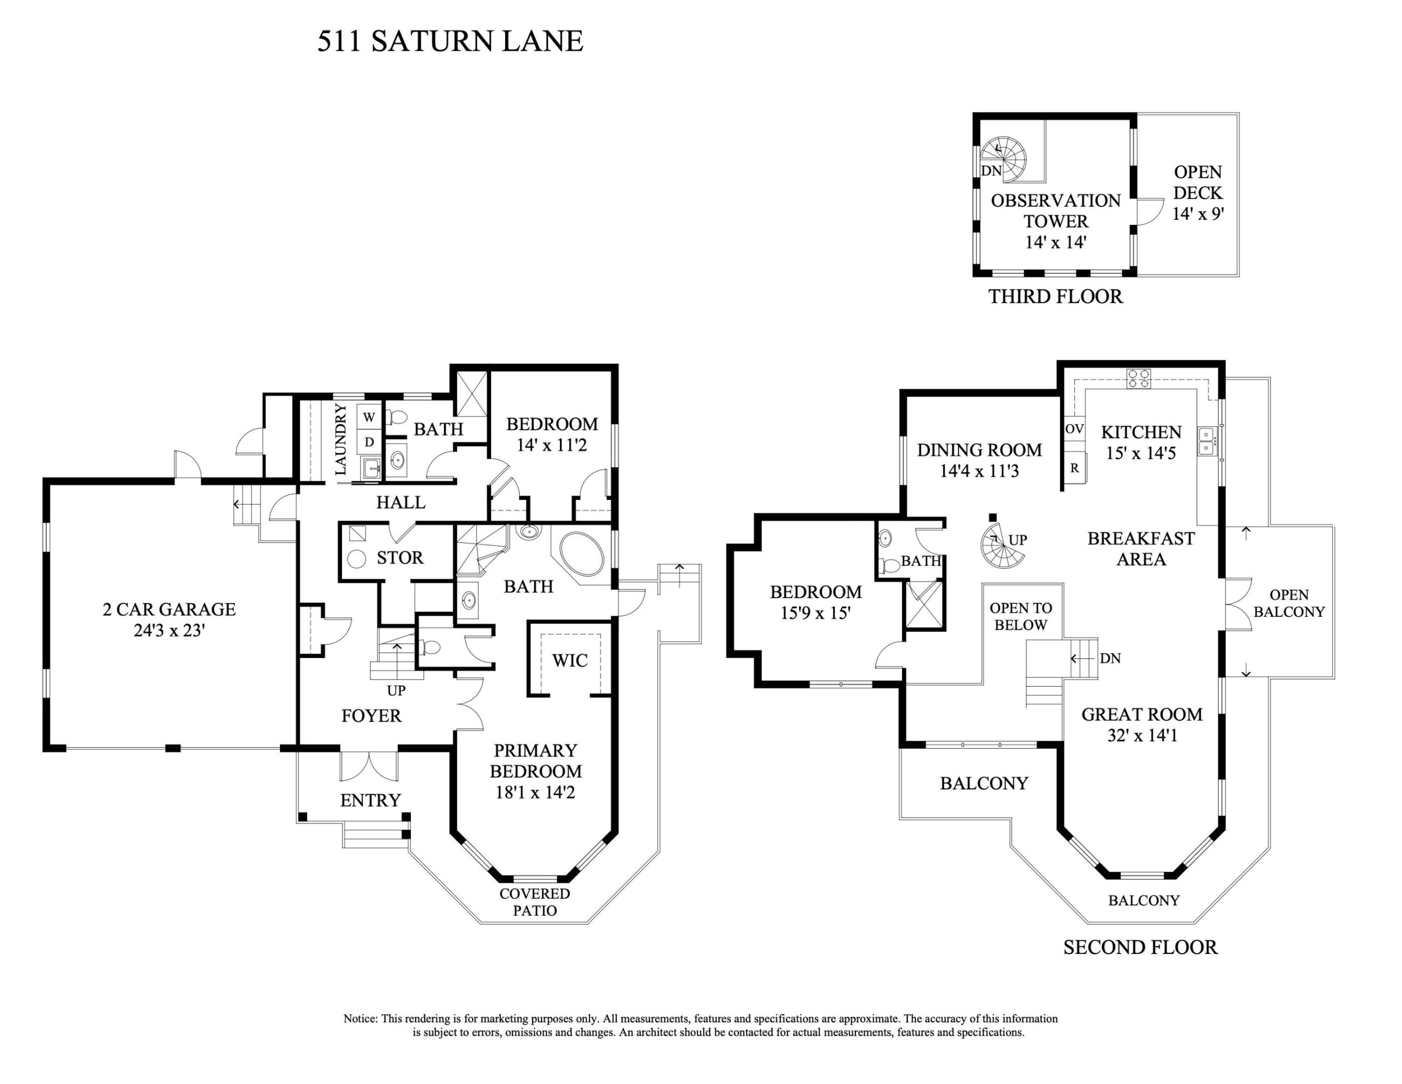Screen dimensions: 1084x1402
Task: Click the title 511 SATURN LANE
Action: tap(450, 41)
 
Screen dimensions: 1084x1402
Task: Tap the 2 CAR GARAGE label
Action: tap(169, 609)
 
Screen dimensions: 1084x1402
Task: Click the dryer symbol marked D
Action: tap(369, 442)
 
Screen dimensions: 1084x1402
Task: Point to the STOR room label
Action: tap(400, 558)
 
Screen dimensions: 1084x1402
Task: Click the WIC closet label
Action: tap(569, 660)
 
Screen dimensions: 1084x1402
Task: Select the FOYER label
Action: tap(371, 715)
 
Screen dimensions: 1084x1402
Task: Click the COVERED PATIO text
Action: tap(535, 902)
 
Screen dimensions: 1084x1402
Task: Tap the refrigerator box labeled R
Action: tap(1074, 469)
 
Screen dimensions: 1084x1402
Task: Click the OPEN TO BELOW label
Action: tap(1021, 616)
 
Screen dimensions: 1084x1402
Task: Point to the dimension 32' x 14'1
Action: tap(1142, 735)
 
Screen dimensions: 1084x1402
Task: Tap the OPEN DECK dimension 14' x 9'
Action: tap(1198, 214)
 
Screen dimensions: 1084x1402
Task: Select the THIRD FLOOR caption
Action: tap(1055, 296)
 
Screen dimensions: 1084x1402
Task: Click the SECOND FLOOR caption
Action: tap(1140, 947)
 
